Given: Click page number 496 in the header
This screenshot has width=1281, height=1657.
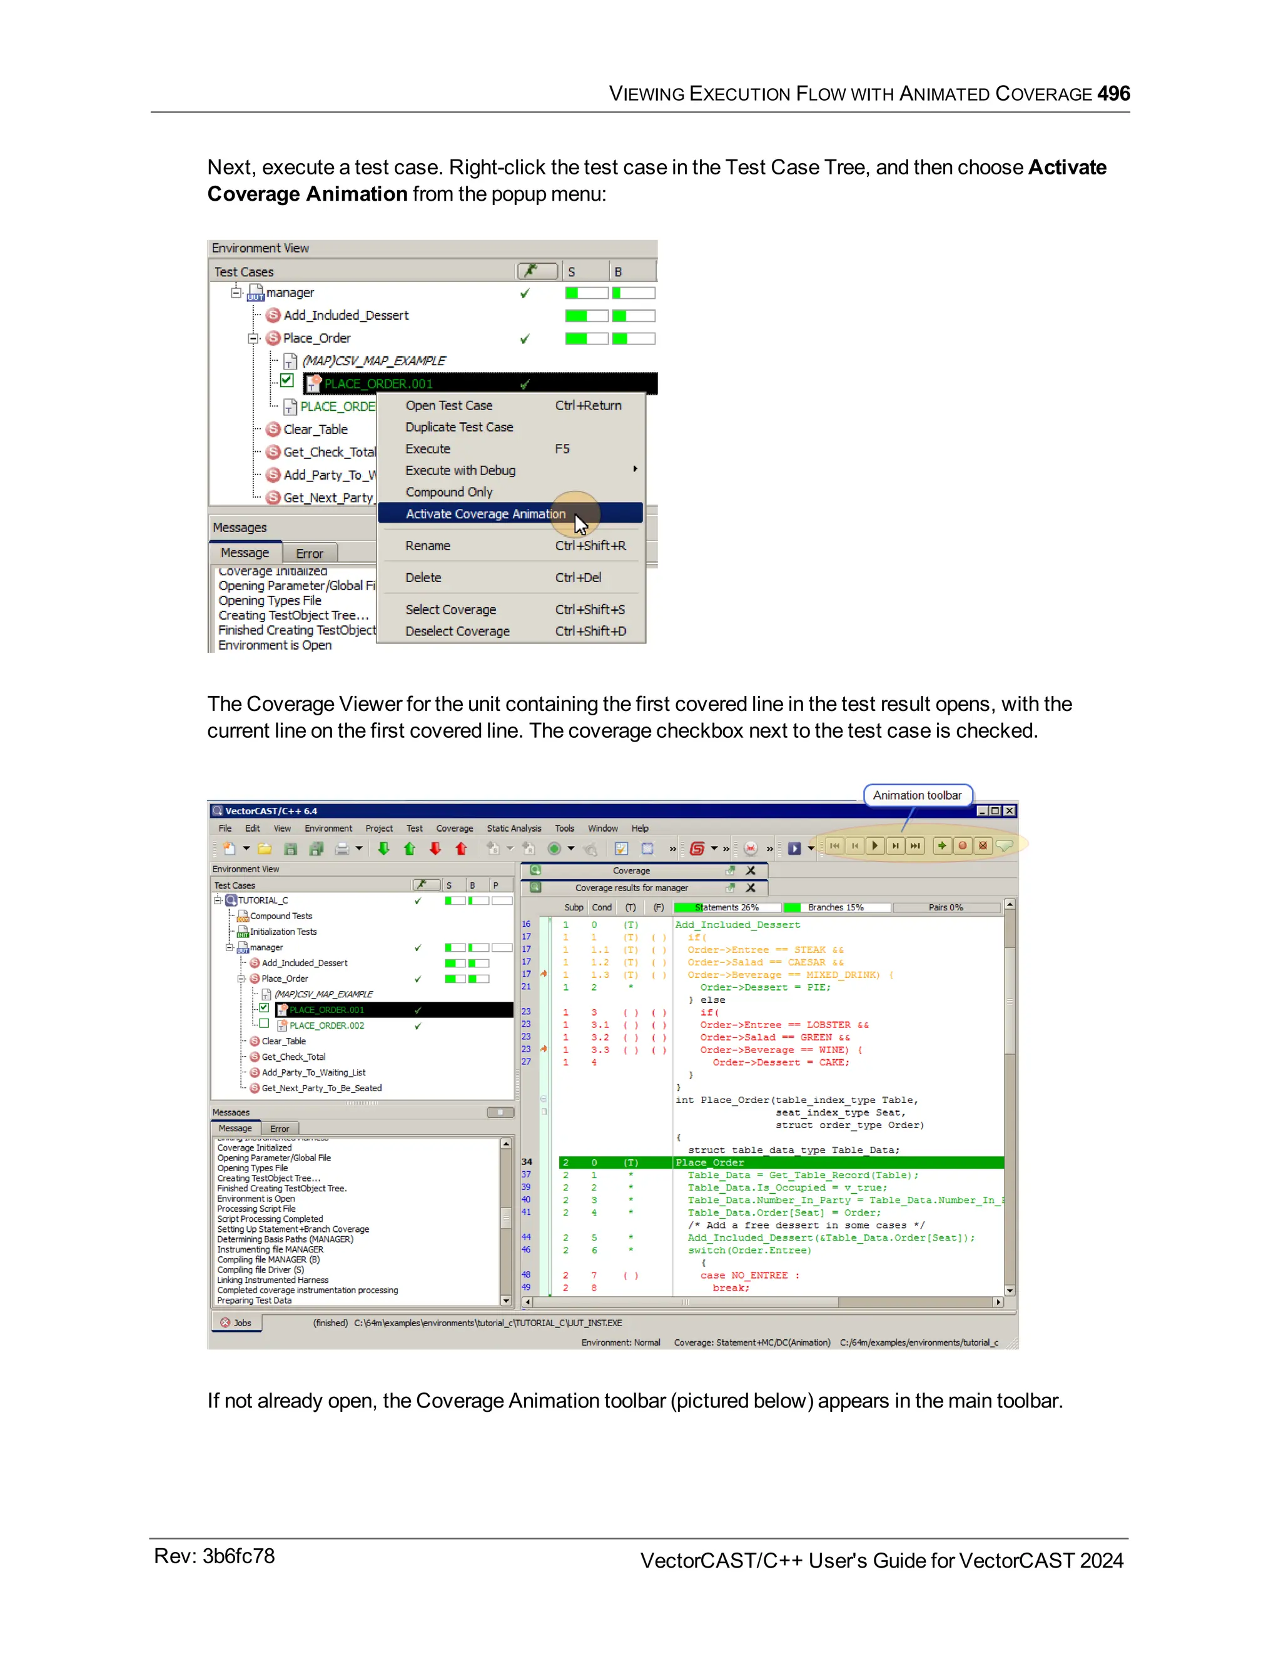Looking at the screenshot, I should [x=1113, y=93].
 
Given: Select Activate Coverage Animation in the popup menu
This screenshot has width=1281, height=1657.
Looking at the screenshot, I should [x=485, y=513].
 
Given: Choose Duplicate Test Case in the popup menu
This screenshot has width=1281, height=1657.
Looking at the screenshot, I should [x=458, y=427].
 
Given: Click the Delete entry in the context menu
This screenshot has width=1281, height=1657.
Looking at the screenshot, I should [x=423, y=577].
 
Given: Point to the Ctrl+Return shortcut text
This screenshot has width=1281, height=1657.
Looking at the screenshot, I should [x=587, y=405].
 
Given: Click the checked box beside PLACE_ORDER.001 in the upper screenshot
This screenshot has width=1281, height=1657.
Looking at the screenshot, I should [x=287, y=380].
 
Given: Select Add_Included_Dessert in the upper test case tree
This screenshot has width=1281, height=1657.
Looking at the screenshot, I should [x=345, y=315].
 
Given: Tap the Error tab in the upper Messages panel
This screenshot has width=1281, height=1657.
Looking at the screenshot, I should [x=309, y=553].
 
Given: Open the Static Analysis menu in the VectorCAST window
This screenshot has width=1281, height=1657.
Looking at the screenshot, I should [x=514, y=828].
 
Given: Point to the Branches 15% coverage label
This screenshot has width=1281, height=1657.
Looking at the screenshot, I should [x=835, y=907].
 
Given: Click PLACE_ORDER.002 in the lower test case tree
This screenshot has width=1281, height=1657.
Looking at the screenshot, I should [x=327, y=1025].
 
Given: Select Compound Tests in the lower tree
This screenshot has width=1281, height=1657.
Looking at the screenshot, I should [x=281, y=916].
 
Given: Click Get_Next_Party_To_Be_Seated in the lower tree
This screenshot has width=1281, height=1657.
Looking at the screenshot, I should [x=321, y=1088].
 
